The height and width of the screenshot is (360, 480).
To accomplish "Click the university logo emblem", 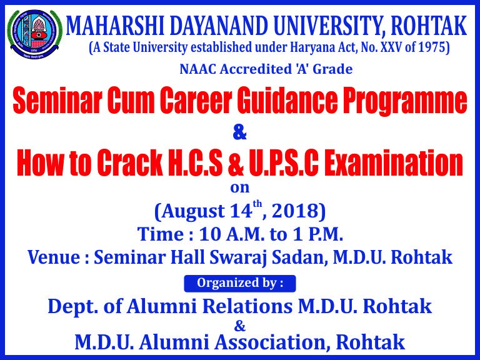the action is coord(34,34).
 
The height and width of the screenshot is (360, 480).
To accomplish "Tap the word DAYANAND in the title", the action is coord(216,26).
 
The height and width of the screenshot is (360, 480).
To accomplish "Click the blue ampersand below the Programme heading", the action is coord(240,133).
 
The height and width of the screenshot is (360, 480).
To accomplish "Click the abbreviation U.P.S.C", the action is coord(284,163).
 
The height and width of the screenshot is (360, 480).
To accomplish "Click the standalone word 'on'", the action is coord(240,187).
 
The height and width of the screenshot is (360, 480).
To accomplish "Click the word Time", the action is coord(161,234).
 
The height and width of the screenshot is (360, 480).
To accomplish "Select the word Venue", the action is coord(54,257).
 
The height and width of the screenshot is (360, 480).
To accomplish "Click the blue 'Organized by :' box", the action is coord(240,284).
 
